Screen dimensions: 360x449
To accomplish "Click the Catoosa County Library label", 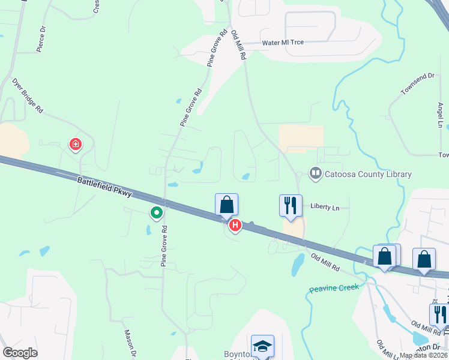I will coord(369,175).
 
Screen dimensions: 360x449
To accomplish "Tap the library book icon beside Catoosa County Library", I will coord(315,174).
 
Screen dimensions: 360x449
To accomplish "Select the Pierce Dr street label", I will coord(41,39).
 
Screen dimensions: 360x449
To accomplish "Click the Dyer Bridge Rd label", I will coord(28,97).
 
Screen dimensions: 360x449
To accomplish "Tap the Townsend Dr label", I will coord(418,84).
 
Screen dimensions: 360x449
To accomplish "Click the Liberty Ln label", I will coord(325,207).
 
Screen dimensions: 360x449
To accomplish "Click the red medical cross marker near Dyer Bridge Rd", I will coord(76,144).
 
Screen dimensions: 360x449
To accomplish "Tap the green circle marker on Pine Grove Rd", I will coord(157,212).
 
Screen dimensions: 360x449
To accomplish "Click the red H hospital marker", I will coord(235,225).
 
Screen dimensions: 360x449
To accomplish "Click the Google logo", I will coord(20,353).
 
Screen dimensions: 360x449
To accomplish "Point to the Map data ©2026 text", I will coord(424,355).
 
